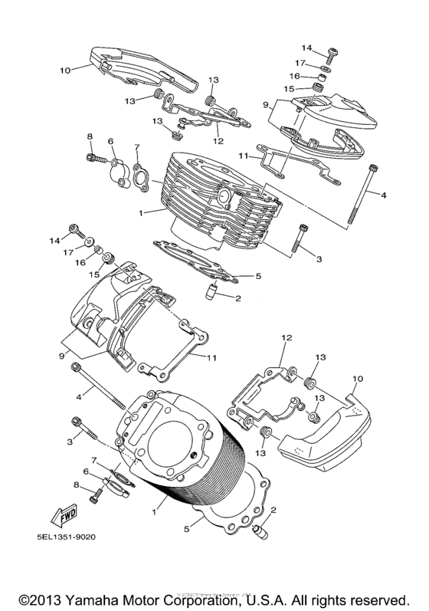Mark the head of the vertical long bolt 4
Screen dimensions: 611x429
tap(373, 168)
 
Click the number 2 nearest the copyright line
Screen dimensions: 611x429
tap(273, 510)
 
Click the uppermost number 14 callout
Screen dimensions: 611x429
tap(306, 48)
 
